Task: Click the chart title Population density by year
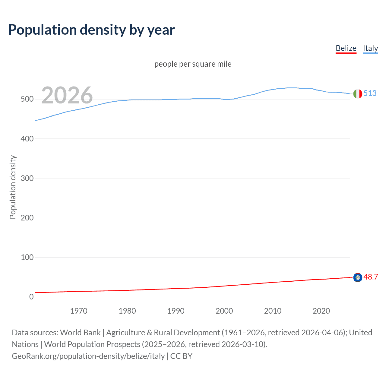91,30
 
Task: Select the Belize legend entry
346,48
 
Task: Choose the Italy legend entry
370,48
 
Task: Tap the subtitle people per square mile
193,64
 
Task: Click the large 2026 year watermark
67,95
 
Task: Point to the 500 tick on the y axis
27,99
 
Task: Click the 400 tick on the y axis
27,139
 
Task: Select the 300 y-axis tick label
27,178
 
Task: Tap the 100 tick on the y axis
27,257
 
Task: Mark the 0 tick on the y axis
31,297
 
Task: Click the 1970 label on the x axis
79,311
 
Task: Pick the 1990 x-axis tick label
176,311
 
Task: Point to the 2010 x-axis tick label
273,311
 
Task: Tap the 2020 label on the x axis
321,311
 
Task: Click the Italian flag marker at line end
358,94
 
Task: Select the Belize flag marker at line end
358,277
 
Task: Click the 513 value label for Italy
370,93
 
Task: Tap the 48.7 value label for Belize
371,277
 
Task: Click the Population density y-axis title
13,187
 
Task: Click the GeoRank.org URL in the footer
88,356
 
